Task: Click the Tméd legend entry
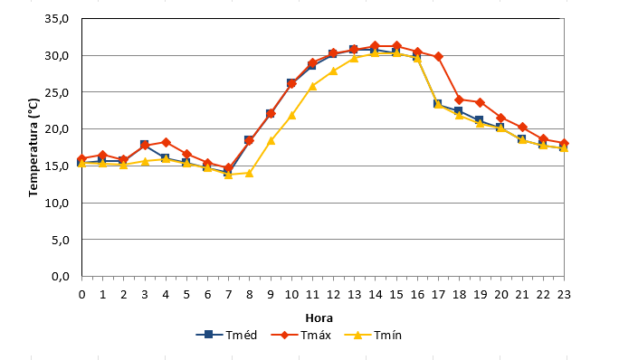tap(226, 336)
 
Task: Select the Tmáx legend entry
tap(301, 336)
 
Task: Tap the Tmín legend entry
tap(373, 336)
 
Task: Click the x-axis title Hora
tap(319, 317)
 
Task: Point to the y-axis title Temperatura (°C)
tap(33, 147)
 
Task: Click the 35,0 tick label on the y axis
tap(57, 19)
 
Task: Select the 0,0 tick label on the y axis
tap(60, 276)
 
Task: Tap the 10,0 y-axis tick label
tap(57, 203)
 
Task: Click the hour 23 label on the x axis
tap(564, 295)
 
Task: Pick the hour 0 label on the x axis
tap(81, 295)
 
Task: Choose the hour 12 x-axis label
tap(333, 295)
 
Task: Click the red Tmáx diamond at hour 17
tap(438, 57)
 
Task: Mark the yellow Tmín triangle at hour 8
tap(249, 173)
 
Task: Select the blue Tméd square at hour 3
tap(144, 145)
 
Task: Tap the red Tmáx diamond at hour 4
tap(166, 143)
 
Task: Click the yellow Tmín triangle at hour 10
tap(291, 115)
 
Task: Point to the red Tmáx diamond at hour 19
tap(480, 102)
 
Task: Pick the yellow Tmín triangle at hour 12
tap(333, 71)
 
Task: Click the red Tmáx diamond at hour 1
tap(102, 156)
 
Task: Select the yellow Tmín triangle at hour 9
tap(271, 140)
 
